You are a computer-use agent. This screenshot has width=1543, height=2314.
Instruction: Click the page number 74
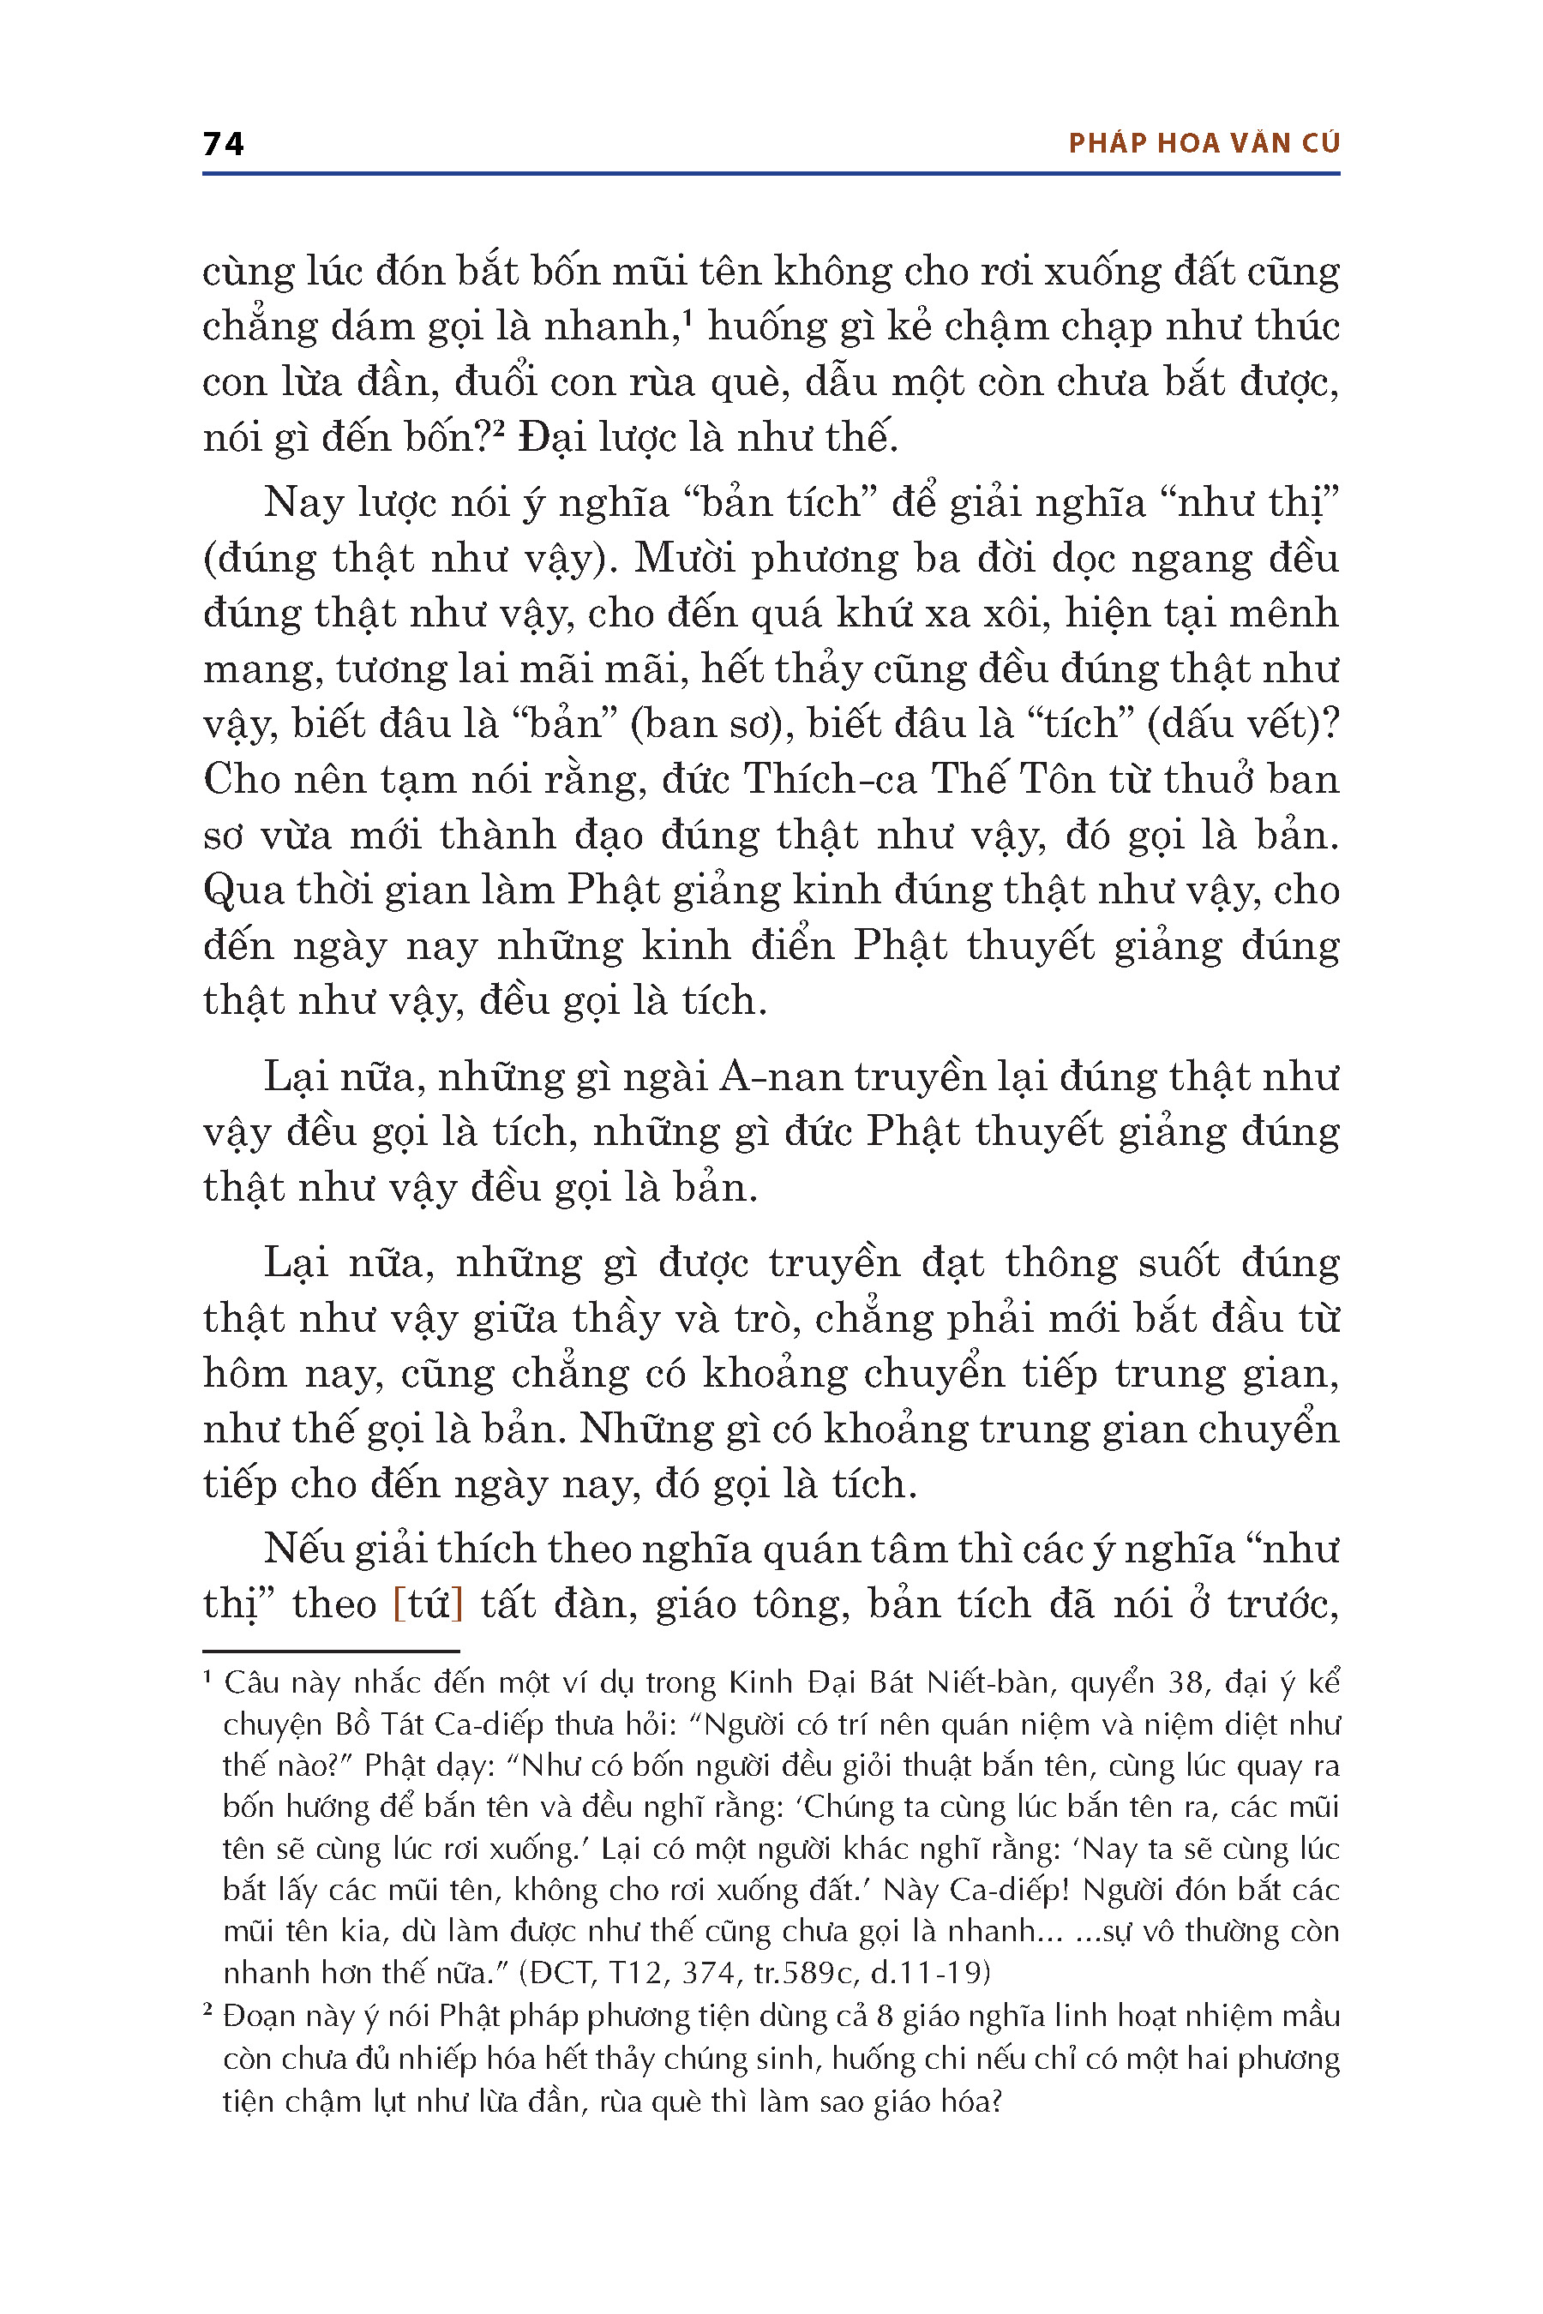coord(224,144)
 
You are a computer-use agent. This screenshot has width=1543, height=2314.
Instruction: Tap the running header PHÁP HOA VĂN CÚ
coord(1204,144)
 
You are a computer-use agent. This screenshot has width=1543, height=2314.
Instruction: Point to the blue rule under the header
coord(771,174)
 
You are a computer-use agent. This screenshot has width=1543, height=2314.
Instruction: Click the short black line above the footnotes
coord(331,1651)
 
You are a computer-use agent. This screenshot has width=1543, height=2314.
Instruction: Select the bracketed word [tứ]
coord(427,1604)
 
